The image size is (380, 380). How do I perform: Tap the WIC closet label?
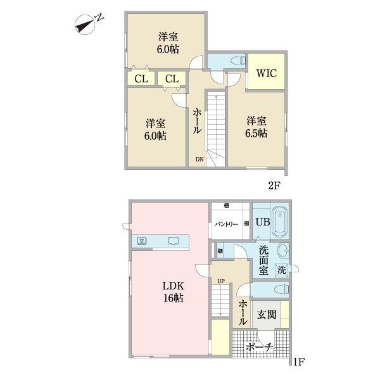[x=266, y=72]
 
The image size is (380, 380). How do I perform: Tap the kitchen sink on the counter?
[x=173, y=241]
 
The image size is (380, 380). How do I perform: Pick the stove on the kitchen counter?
[x=142, y=241]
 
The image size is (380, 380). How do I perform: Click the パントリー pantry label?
[x=225, y=224]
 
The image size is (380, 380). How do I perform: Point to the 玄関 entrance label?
[x=267, y=315]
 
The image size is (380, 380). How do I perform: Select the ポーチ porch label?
[x=260, y=346]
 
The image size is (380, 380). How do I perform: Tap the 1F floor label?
[x=298, y=364]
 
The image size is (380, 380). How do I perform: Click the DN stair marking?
[x=199, y=159]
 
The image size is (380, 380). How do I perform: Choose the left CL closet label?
[x=141, y=79]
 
